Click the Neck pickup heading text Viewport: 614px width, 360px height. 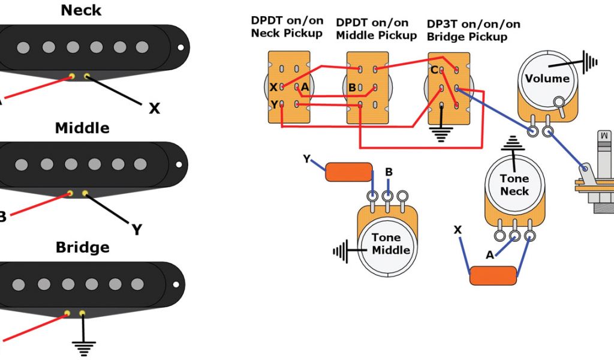click(x=81, y=10)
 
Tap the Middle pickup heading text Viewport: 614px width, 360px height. click(x=82, y=128)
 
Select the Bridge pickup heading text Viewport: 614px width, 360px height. click(x=82, y=247)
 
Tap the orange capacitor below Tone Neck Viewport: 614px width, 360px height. click(x=492, y=275)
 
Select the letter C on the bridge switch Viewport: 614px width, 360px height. click(x=434, y=70)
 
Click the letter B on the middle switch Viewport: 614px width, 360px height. click(x=352, y=88)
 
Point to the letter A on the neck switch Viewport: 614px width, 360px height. click(x=305, y=88)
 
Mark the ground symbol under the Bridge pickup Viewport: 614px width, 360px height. click(x=83, y=346)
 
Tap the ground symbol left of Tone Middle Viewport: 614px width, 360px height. click(x=340, y=251)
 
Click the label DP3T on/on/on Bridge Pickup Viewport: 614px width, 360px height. click(x=473, y=31)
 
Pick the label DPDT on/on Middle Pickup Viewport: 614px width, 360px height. click(x=376, y=29)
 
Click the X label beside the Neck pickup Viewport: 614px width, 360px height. click(x=154, y=109)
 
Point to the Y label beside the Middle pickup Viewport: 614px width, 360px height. click(x=137, y=229)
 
